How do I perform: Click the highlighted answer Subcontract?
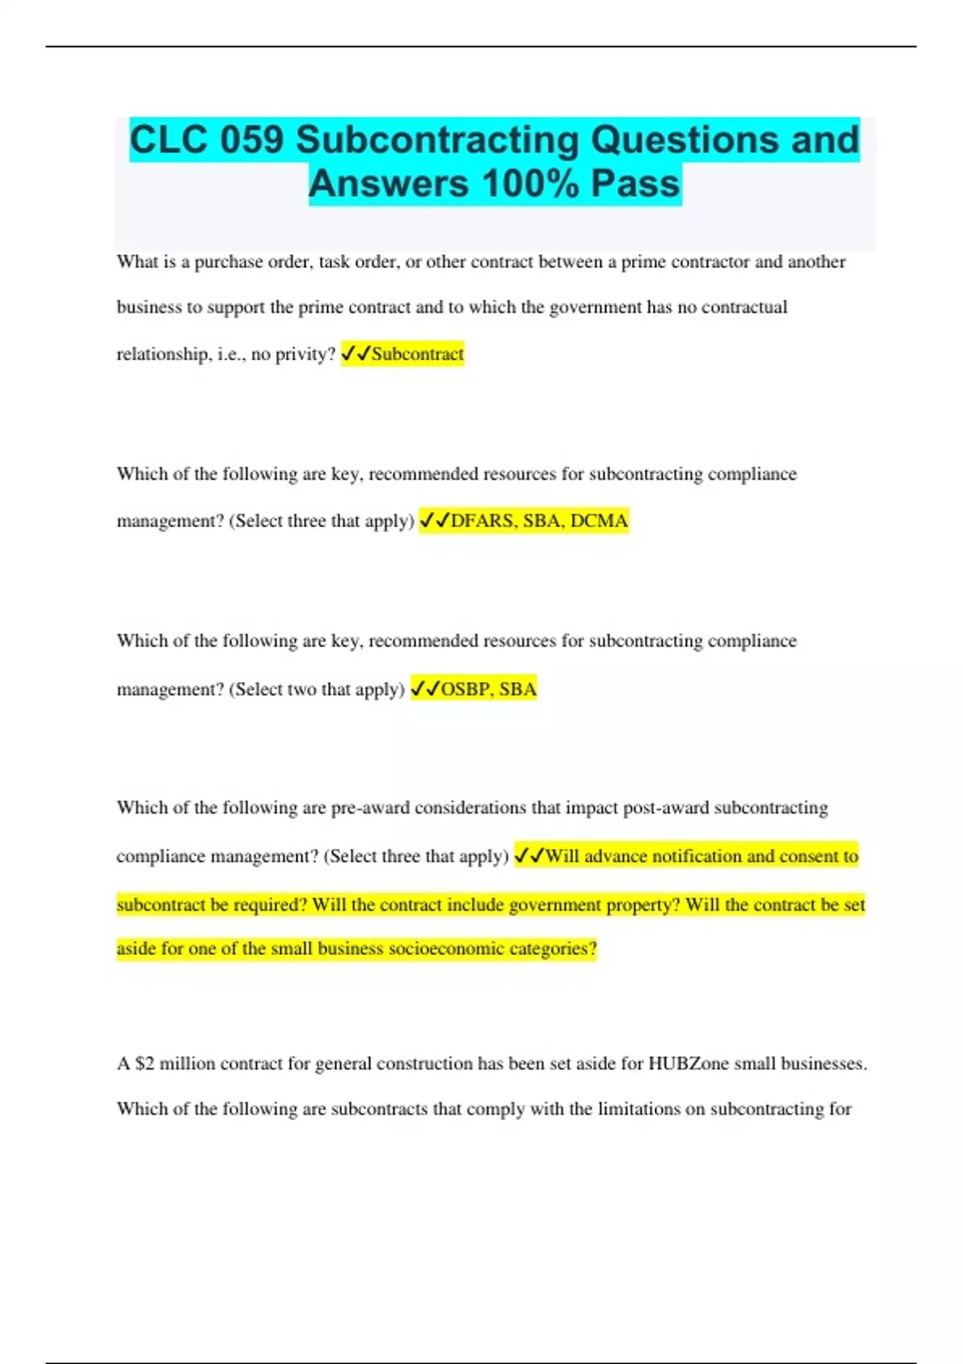click(x=417, y=354)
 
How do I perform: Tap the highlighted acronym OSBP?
click(x=466, y=688)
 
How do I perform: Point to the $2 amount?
click(x=144, y=1063)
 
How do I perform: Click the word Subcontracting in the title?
click(x=437, y=140)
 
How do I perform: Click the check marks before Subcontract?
click(x=356, y=354)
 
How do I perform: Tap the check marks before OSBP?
click(x=425, y=688)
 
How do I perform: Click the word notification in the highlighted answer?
click(x=697, y=856)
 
